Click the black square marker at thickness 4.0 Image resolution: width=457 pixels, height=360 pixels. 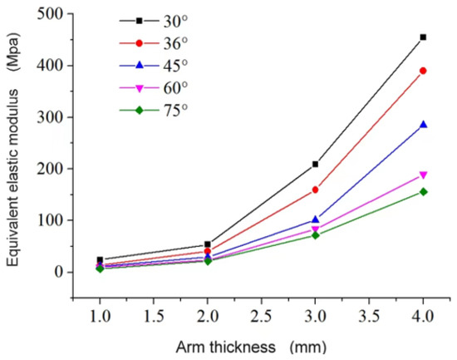click(424, 37)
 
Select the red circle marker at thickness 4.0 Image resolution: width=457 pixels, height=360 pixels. click(424, 71)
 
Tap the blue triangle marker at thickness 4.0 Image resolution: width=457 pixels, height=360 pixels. click(424, 125)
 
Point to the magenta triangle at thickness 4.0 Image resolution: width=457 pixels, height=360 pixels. click(424, 175)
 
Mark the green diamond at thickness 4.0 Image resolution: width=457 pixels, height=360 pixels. click(424, 192)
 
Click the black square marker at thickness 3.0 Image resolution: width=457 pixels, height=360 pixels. click(316, 164)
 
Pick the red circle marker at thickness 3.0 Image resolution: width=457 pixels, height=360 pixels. click(316, 190)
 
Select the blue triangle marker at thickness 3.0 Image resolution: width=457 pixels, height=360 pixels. click(316, 219)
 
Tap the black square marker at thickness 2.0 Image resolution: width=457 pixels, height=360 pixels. click(207, 244)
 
